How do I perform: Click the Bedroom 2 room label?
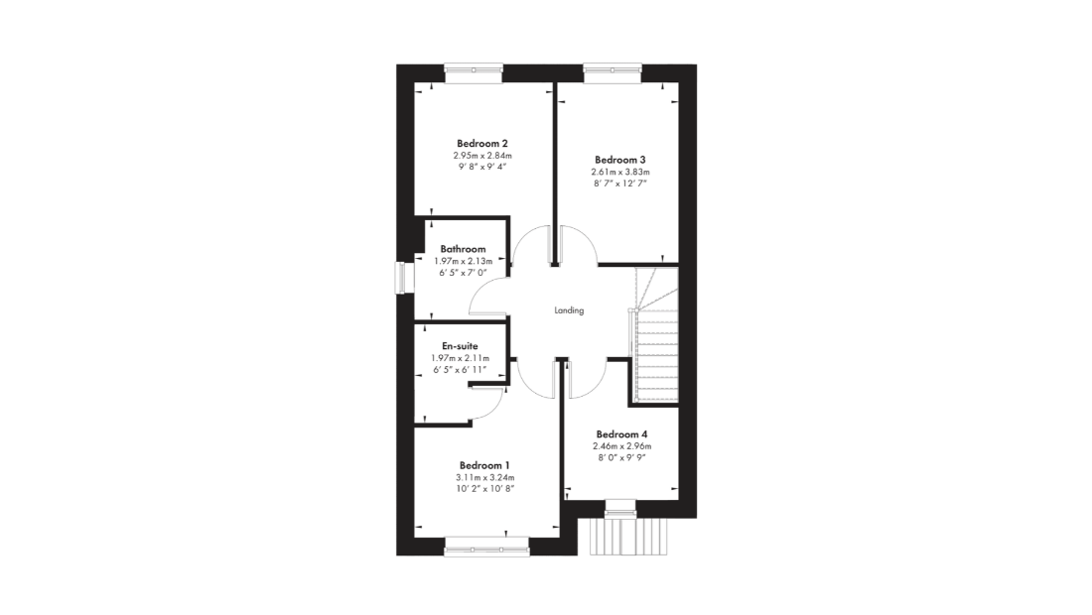(x=481, y=144)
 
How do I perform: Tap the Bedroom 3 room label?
(x=619, y=160)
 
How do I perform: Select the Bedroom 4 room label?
(x=621, y=434)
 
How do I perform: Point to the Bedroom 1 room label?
(x=484, y=465)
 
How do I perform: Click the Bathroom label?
(x=464, y=249)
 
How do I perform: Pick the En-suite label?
(x=461, y=346)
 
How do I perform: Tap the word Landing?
(x=569, y=310)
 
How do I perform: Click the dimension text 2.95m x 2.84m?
(x=482, y=156)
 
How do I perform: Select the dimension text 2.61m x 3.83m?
(x=620, y=172)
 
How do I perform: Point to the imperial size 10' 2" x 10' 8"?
(x=485, y=488)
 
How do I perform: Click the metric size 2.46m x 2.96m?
(x=622, y=446)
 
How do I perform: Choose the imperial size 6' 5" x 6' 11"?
(x=461, y=369)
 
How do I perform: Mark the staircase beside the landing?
(x=654, y=334)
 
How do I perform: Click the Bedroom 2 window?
(x=474, y=73)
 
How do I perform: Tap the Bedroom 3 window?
(x=613, y=73)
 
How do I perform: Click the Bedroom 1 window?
(x=486, y=547)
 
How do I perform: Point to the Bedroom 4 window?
(x=621, y=509)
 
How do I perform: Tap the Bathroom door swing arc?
(x=480, y=291)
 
